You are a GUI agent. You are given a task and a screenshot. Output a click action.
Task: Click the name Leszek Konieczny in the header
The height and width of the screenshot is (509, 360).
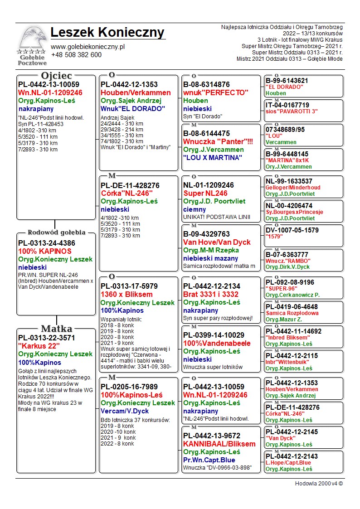107,33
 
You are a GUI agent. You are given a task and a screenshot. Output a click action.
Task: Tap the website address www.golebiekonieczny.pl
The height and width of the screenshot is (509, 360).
88,47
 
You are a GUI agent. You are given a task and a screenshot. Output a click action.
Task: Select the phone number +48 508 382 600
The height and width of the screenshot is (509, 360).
76,55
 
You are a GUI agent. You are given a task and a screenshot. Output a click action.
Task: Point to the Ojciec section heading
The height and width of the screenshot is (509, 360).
57,76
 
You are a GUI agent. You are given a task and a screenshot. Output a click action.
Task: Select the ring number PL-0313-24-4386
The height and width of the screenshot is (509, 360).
47,243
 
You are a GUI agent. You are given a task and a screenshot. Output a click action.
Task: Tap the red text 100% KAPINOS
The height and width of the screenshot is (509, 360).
45,251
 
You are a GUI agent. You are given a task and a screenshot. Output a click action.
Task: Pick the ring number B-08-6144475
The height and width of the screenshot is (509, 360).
206,133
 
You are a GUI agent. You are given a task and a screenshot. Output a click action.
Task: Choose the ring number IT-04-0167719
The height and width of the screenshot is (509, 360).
287,105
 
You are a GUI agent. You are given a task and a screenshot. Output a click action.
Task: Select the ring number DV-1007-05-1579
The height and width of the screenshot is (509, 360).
292,230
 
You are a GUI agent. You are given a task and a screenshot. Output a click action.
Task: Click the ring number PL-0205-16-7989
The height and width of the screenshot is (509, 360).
129,387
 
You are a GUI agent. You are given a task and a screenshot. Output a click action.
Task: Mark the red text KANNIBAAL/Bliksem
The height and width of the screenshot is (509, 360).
219,444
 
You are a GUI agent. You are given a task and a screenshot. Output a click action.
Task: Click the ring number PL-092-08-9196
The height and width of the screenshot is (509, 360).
290,282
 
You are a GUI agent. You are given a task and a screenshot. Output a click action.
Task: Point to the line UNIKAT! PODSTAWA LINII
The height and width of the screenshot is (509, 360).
217,217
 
